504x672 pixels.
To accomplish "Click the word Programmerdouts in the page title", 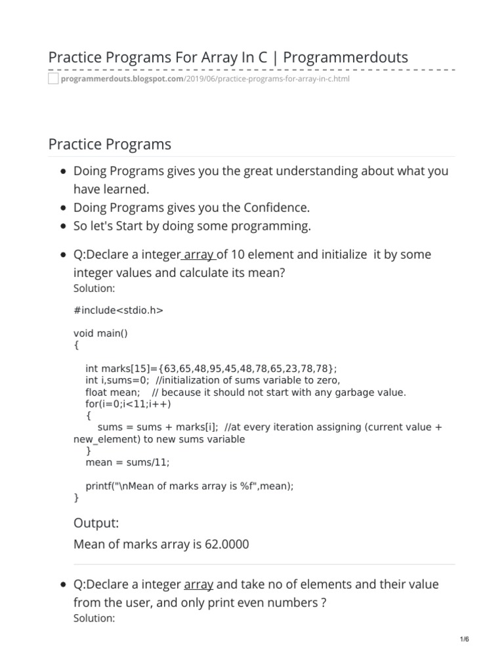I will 346,58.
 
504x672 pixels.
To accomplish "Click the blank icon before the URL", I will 53,79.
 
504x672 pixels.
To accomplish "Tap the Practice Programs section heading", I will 110,144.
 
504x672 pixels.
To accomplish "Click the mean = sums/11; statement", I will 127,462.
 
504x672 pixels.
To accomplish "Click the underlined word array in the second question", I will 198,584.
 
